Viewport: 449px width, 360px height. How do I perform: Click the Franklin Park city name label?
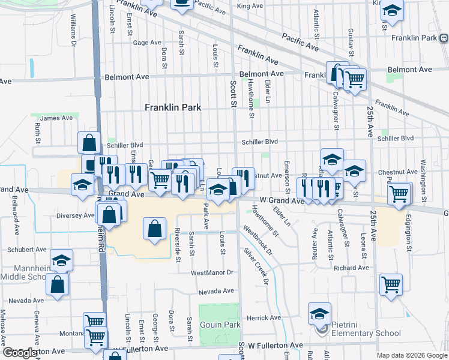(x=172, y=107)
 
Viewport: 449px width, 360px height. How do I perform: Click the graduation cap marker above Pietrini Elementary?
(x=319, y=313)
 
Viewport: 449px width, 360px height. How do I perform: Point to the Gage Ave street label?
(x=148, y=43)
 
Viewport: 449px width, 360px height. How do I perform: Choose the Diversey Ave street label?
(x=75, y=215)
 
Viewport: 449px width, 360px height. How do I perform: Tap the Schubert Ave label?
(x=26, y=249)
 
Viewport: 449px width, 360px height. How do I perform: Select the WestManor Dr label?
(x=211, y=272)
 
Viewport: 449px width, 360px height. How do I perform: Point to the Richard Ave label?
(x=352, y=268)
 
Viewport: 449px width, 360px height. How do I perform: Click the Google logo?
(x=21, y=353)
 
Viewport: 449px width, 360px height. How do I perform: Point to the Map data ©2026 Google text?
(x=412, y=355)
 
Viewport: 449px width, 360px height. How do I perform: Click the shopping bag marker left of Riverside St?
(x=154, y=229)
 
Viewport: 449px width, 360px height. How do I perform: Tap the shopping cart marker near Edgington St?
(x=399, y=194)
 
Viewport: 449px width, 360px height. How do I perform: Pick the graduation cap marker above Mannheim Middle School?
(x=61, y=261)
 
